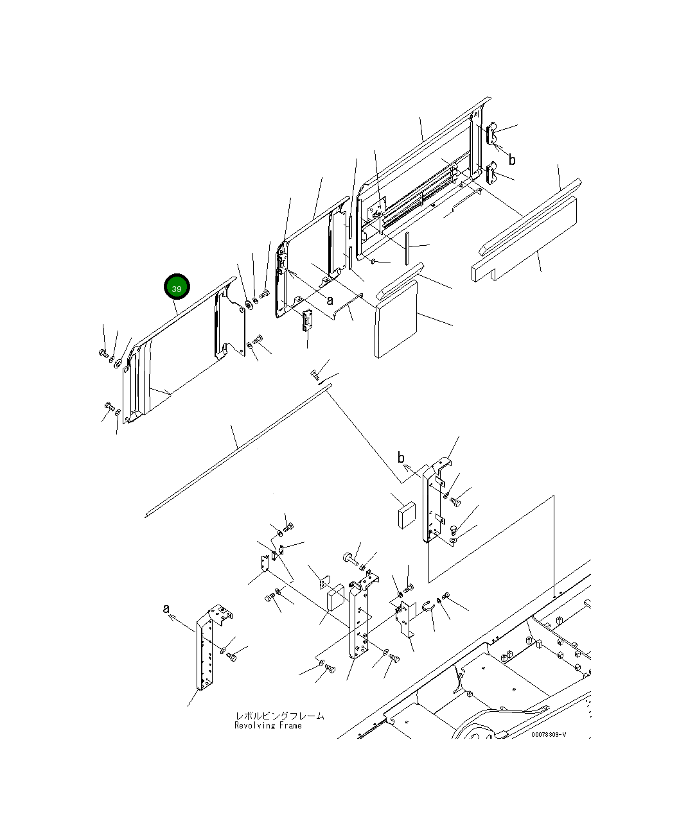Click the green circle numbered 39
coord(177,287)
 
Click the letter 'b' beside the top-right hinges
coord(512,160)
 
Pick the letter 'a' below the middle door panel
coord(330,301)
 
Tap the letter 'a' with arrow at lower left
coord(166,608)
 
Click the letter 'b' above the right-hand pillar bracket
coord(401,458)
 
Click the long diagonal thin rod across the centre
coord(238,451)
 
